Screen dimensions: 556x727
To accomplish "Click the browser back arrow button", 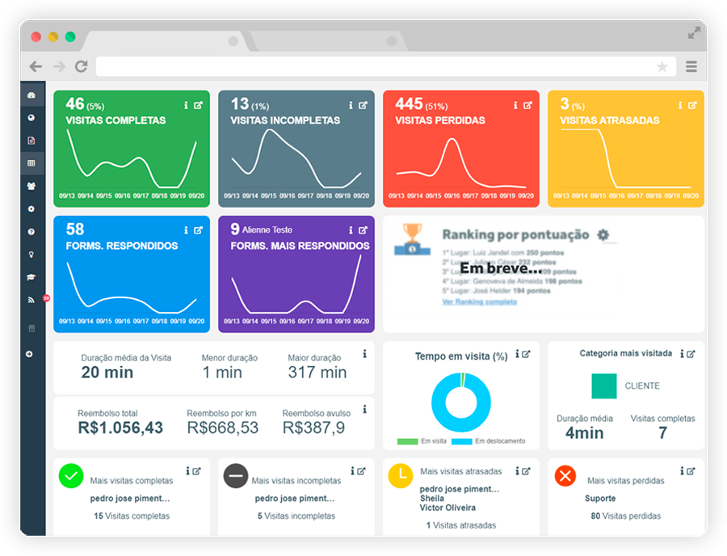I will (36, 67).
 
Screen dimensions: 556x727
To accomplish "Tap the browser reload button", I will (81, 67).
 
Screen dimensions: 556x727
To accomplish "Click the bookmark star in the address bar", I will (662, 67).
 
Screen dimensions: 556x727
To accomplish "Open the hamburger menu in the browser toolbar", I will (691, 67).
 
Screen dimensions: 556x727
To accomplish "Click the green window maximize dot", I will (70, 37).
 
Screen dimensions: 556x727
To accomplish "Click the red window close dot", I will (36, 37).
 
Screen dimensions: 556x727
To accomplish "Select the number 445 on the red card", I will (409, 104).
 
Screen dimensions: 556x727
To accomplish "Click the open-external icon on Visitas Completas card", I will (198, 105).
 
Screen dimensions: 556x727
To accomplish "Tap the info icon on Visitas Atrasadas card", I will (680, 105).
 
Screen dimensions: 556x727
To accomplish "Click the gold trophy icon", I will (412, 235).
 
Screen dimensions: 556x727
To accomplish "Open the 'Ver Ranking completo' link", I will (479, 301).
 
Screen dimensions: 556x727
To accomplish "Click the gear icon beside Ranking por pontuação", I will (603, 235).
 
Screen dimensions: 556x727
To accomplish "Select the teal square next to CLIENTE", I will (603, 385).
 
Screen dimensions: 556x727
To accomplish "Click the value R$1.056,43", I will (120, 428).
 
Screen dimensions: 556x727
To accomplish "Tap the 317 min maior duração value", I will (317, 373).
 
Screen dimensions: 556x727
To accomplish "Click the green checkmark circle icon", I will (71, 476).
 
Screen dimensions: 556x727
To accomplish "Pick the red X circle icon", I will (565, 476).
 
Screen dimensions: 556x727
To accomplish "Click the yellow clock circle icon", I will (401, 476).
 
